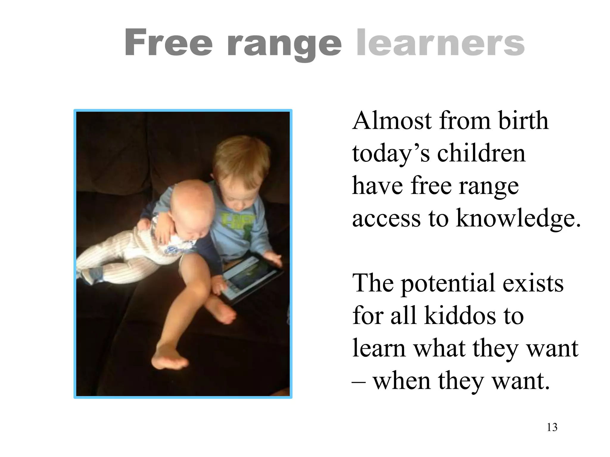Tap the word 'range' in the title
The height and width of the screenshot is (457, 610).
tap(284, 45)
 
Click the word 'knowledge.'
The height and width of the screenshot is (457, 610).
tap(519, 219)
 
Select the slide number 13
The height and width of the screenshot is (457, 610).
tap(552, 427)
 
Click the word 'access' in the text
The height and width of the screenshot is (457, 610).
tap(386, 219)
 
